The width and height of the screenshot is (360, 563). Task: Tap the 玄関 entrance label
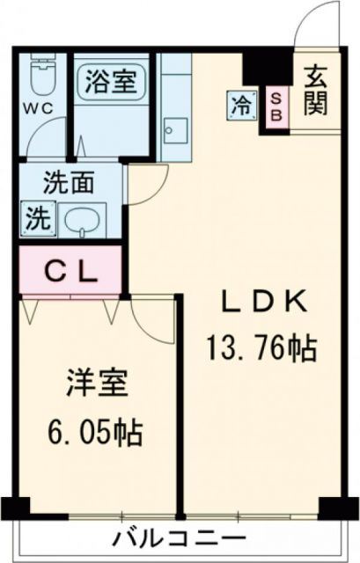tap(317, 91)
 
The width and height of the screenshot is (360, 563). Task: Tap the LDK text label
tap(261, 304)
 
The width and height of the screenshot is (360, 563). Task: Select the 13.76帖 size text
tap(261, 349)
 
